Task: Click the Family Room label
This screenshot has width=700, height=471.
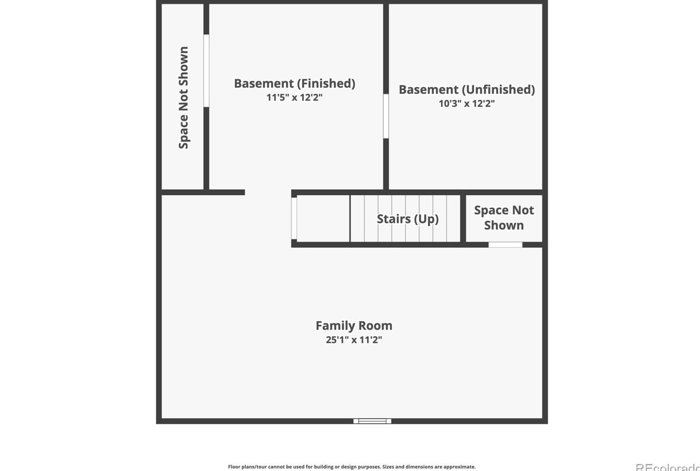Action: pyautogui.click(x=354, y=326)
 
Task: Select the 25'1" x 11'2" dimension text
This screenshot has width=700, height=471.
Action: pyautogui.click(x=354, y=340)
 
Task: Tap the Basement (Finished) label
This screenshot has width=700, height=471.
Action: pyautogui.click(x=294, y=83)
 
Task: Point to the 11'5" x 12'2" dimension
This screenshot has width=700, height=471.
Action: pyautogui.click(x=294, y=97)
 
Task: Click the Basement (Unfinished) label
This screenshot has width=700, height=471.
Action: pyautogui.click(x=466, y=90)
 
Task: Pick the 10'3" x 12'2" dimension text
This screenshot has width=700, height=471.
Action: pyautogui.click(x=466, y=103)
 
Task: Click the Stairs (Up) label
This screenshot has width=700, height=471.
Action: pyautogui.click(x=407, y=219)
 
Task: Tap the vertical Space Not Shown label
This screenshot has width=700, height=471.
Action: pyautogui.click(x=183, y=98)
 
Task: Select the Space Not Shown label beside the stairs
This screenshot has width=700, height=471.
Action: pyautogui.click(x=503, y=217)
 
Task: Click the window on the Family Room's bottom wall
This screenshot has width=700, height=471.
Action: pyautogui.click(x=372, y=421)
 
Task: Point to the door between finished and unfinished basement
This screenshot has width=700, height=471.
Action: pyautogui.click(x=385, y=116)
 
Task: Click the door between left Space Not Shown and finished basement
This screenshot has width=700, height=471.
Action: pyautogui.click(x=206, y=71)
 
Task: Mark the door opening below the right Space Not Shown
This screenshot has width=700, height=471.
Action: pyautogui.click(x=505, y=245)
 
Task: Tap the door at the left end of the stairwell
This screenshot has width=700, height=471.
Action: pyautogui.click(x=294, y=219)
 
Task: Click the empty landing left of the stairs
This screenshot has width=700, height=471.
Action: pyautogui.click(x=323, y=219)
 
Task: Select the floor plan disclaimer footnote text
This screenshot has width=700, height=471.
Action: pyautogui.click(x=351, y=467)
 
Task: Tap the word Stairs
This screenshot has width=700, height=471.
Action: pyautogui.click(x=393, y=219)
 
